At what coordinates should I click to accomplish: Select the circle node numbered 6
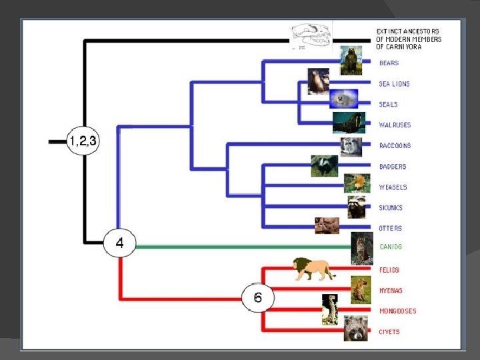[x=257, y=297]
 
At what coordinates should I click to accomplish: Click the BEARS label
[x=389, y=63]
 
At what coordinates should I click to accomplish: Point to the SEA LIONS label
[x=394, y=84]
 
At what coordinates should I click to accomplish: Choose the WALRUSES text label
[x=395, y=125]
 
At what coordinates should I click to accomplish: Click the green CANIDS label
[x=391, y=247]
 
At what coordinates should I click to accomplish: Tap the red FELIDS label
[x=389, y=270]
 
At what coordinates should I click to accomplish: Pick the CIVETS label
[x=389, y=332]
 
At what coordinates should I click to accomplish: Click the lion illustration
[x=313, y=269]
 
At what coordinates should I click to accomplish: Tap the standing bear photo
[x=351, y=61]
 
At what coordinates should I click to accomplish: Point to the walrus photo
[x=349, y=123]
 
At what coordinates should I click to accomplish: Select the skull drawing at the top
[x=311, y=37]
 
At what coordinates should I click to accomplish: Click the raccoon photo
[x=351, y=146]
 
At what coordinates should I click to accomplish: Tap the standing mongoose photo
[x=329, y=310]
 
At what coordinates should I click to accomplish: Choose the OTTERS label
[x=391, y=229]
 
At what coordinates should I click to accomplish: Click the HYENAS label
[x=391, y=291]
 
